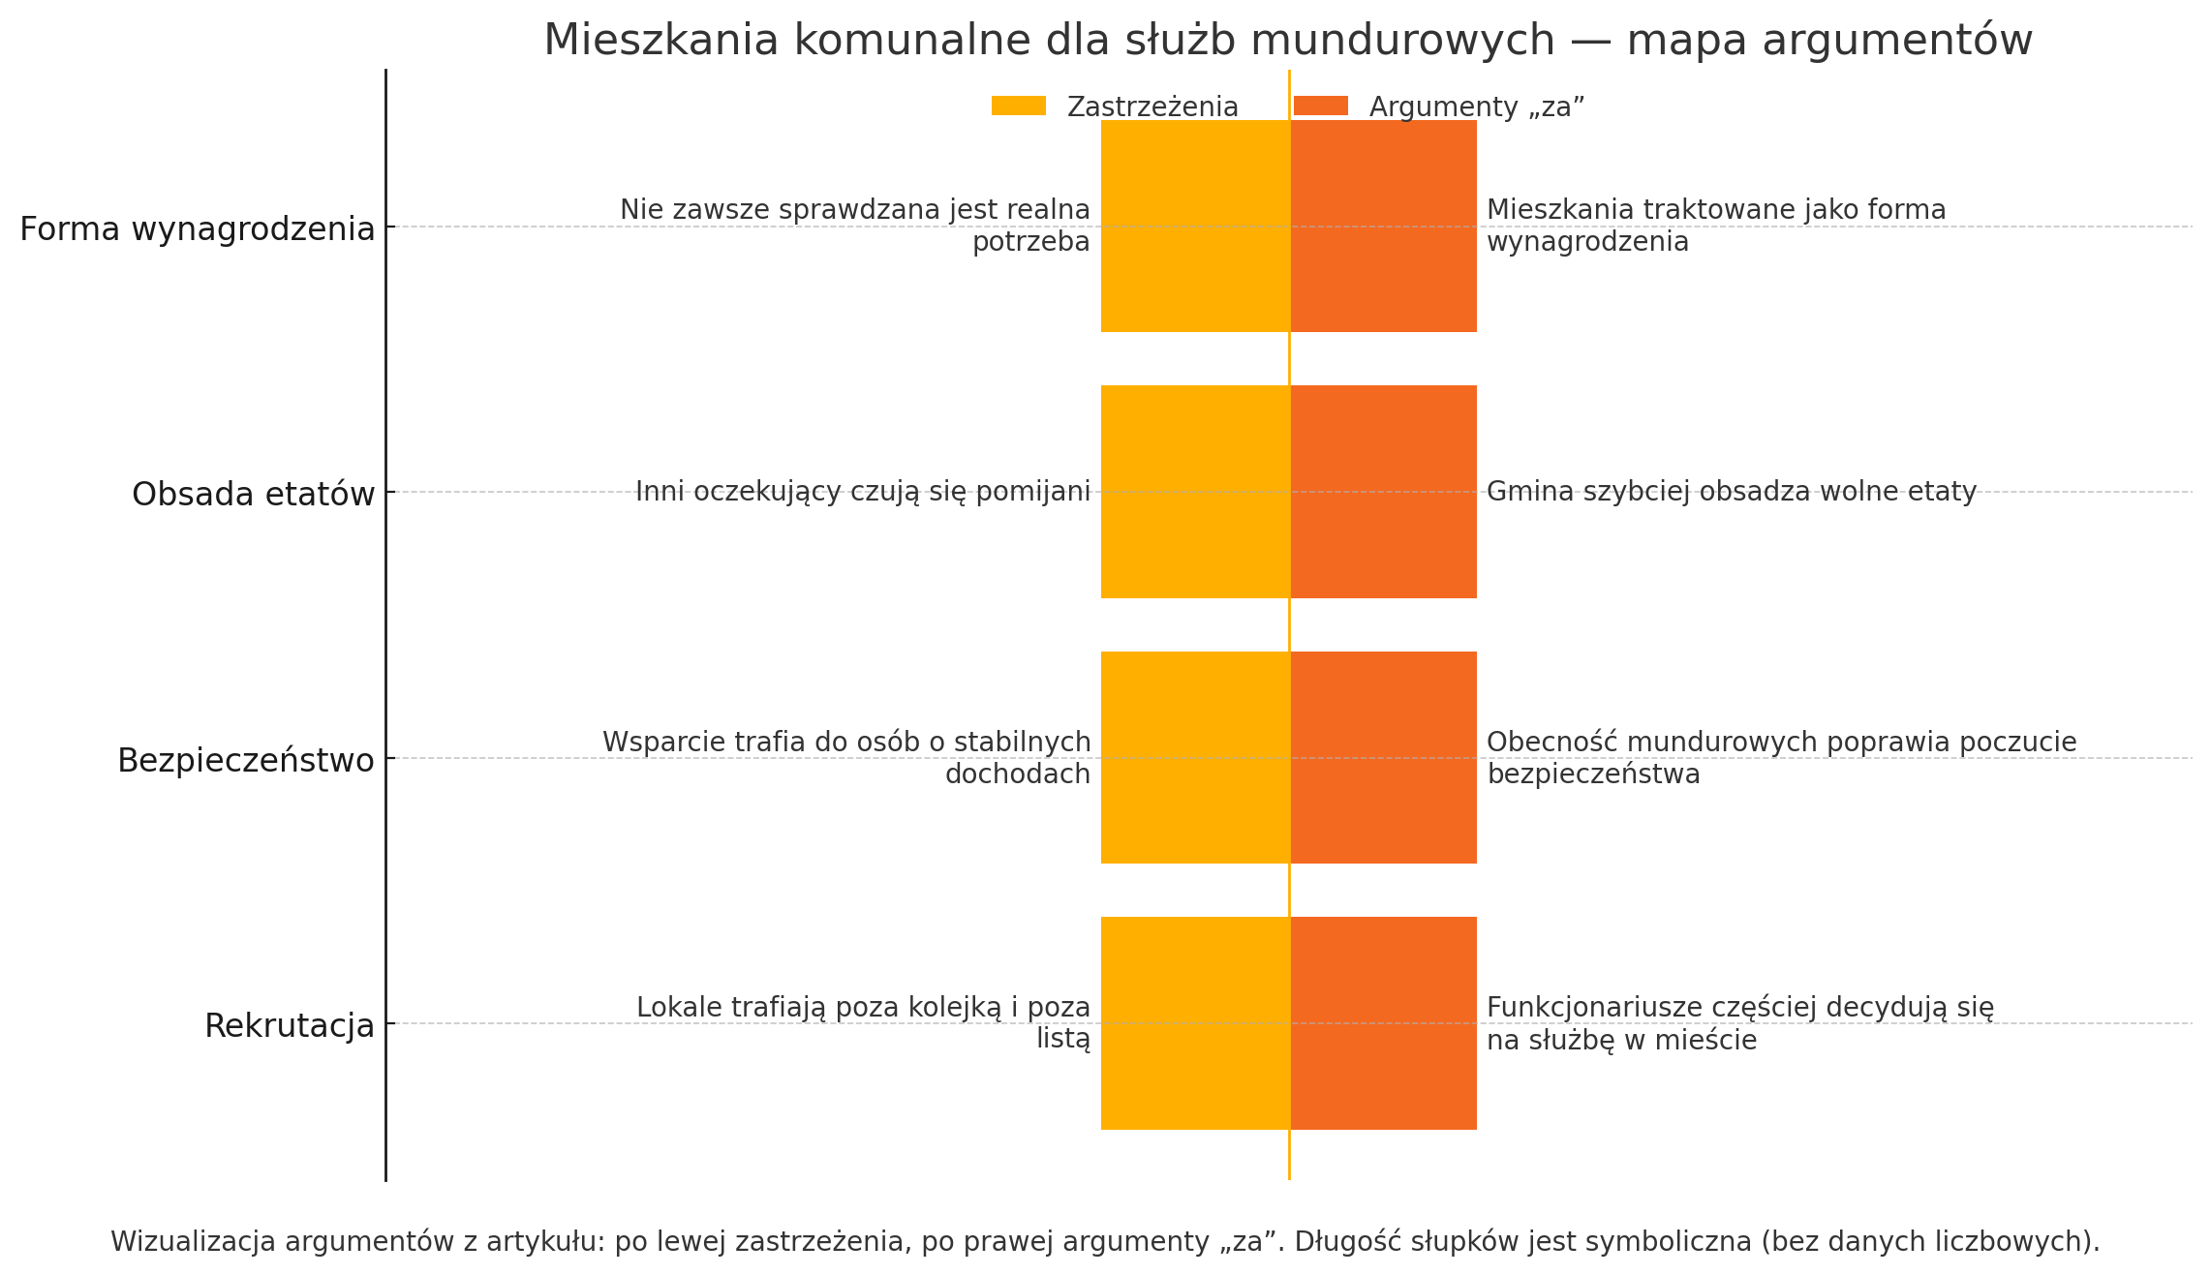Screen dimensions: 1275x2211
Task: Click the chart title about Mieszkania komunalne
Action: [1287, 41]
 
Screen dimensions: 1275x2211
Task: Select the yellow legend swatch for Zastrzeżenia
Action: [1018, 106]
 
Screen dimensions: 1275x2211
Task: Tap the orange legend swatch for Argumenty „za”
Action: [1320, 106]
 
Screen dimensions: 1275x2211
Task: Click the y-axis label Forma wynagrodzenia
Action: [197, 229]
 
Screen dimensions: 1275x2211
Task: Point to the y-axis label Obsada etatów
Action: [253, 495]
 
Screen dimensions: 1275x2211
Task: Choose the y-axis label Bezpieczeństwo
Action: [245, 761]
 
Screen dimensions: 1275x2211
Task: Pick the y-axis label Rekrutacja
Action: [289, 1026]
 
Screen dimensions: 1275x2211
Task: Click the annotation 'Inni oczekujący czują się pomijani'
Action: [863, 492]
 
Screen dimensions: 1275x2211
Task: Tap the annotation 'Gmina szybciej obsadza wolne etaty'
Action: [1731, 492]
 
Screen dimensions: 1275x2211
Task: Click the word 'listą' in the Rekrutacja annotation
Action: [1062, 1040]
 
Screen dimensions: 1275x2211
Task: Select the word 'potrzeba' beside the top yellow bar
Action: [1030, 242]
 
